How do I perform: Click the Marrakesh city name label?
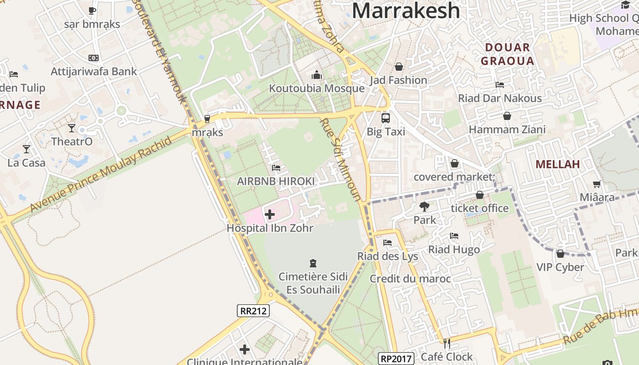[x=406, y=10]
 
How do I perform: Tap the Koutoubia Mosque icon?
[x=317, y=75]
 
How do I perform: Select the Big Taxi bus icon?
[x=386, y=118]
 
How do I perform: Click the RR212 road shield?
[x=253, y=311]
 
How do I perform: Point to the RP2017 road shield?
[x=396, y=359]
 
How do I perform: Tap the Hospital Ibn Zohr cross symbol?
[x=270, y=214]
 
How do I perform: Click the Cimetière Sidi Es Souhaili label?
[x=313, y=283]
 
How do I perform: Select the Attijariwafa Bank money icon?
[x=94, y=58]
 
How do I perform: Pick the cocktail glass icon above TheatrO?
[x=72, y=128]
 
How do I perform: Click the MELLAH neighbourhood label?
[x=557, y=164]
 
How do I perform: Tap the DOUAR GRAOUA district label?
[x=508, y=54]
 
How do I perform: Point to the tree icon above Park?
[x=424, y=207]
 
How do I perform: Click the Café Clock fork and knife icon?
[x=447, y=343]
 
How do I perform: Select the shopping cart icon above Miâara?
[x=597, y=184]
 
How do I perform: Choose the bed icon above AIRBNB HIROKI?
[x=276, y=168]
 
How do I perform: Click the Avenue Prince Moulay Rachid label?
[x=101, y=174]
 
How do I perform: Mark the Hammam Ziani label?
[x=507, y=130]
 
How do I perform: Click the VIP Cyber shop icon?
[x=560, y=254]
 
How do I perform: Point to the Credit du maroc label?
[x=410, y=279]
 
